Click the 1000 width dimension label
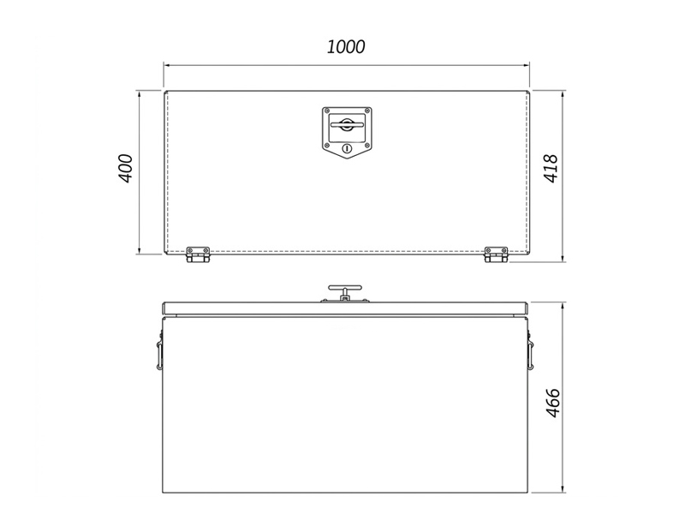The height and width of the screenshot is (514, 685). click(346, 47)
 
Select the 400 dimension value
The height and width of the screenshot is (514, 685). click(125, 168)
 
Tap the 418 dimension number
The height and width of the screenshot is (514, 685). click(551, 168)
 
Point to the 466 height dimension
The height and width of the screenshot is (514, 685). click(553, 403)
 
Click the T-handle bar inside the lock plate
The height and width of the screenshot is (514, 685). click(347, 125)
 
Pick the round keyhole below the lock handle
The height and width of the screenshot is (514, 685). click(347, 148)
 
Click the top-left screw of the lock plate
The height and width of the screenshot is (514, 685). click(327, 111)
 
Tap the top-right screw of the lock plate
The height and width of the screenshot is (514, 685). click(367, 111)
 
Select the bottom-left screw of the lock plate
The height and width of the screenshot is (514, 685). click(327, 145)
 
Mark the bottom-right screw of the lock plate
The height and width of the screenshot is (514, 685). click(367, 145)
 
